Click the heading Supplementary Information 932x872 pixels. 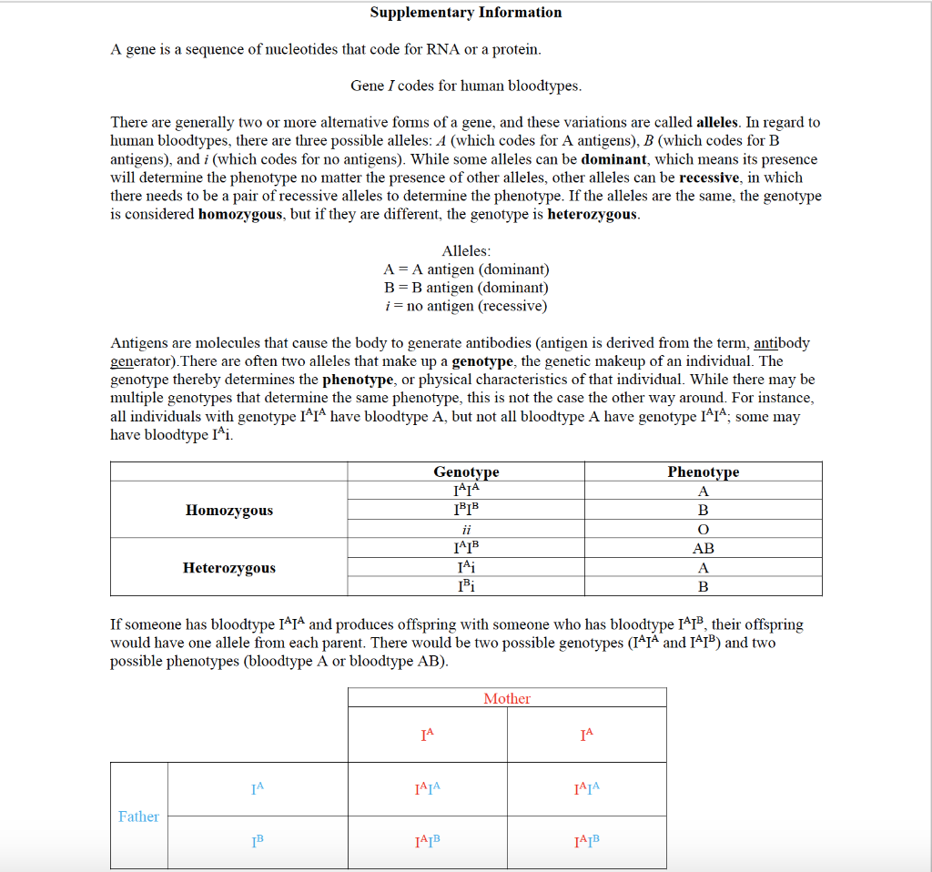coord(465,13)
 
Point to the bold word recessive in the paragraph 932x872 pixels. coord(713,177)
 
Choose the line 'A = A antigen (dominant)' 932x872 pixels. coord(466,269)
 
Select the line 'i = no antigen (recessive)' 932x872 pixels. coord(466,306)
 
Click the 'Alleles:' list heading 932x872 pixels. coord(466,251)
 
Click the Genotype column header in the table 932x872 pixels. coord(466,471)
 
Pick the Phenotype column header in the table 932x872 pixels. coord(703,471)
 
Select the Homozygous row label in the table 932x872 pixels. coord(228,510)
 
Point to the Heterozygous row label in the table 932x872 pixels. coord(228,568)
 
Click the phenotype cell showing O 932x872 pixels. coord(703,530)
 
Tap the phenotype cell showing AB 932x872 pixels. coord(703,549)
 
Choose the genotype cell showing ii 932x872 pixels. coord(466,530)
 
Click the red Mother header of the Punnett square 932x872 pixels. coord(507,698)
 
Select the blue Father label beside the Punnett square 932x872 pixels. coord(138,816)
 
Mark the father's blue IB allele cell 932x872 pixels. coord(258,841)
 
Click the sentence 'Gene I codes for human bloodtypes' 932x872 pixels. coord(466,86)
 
